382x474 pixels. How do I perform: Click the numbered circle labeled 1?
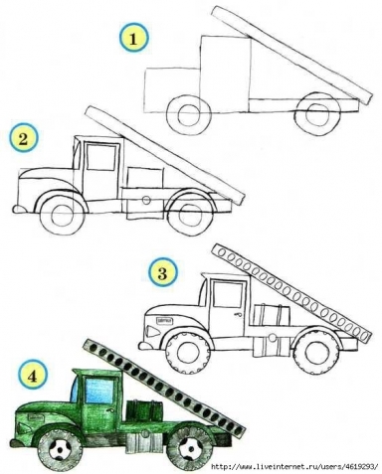coord(133,38)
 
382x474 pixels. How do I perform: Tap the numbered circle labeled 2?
coord(23,138)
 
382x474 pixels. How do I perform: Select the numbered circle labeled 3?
coord(162,273)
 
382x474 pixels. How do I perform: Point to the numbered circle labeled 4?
coord(32,377)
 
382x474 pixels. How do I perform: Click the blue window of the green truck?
coord(99,391)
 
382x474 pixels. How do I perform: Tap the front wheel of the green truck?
coord(60,448)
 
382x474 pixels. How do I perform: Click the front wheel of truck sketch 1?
coord(189,115)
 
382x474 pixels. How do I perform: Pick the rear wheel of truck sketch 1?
coord(317,114)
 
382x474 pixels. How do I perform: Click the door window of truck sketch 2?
coord(100,157)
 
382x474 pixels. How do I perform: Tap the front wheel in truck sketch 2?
coord(62,216)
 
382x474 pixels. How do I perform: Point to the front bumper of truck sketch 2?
coord(20,209)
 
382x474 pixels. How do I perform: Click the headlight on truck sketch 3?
coord(153,331)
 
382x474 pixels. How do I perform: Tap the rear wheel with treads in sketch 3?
coord(317,352)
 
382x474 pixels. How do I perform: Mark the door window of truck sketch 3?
coord(227,294)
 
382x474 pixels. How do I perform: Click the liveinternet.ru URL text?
coord(294,466)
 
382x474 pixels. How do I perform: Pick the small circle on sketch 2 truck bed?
coord(146,200)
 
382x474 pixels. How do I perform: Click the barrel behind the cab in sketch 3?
coord(273,315)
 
